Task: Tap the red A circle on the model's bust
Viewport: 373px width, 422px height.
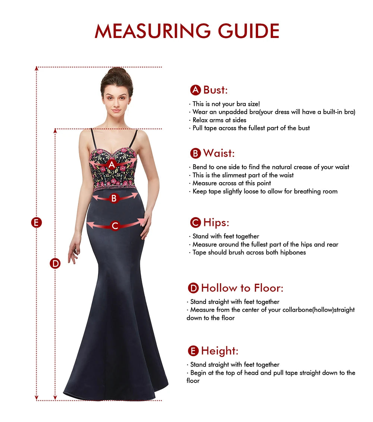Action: point(112,164)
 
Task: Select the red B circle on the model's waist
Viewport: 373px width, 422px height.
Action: point(114,198)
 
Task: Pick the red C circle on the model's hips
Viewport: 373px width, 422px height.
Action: point(115,225)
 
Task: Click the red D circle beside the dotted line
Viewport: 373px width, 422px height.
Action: point(55,263)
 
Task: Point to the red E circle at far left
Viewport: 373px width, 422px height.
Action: point(36,223)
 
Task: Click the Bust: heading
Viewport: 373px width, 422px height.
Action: point(215,90)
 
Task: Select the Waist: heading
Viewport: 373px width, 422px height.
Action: point(219,153)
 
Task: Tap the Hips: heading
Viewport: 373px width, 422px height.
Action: point(216,222)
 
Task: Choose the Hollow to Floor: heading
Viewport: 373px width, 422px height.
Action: point(242,288)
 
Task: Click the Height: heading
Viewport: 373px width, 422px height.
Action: point(219,351)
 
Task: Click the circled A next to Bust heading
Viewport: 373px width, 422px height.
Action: point(195,90)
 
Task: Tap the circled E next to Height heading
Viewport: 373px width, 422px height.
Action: point(193,351)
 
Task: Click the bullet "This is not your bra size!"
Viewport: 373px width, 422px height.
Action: point(224,104)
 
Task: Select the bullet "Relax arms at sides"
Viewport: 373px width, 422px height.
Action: point(219,120)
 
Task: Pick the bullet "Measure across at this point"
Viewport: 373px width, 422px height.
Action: point(232,183)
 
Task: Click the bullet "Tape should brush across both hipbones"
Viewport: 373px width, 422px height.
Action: point(249,253)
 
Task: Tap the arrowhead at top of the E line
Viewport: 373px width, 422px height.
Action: point(37,69)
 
